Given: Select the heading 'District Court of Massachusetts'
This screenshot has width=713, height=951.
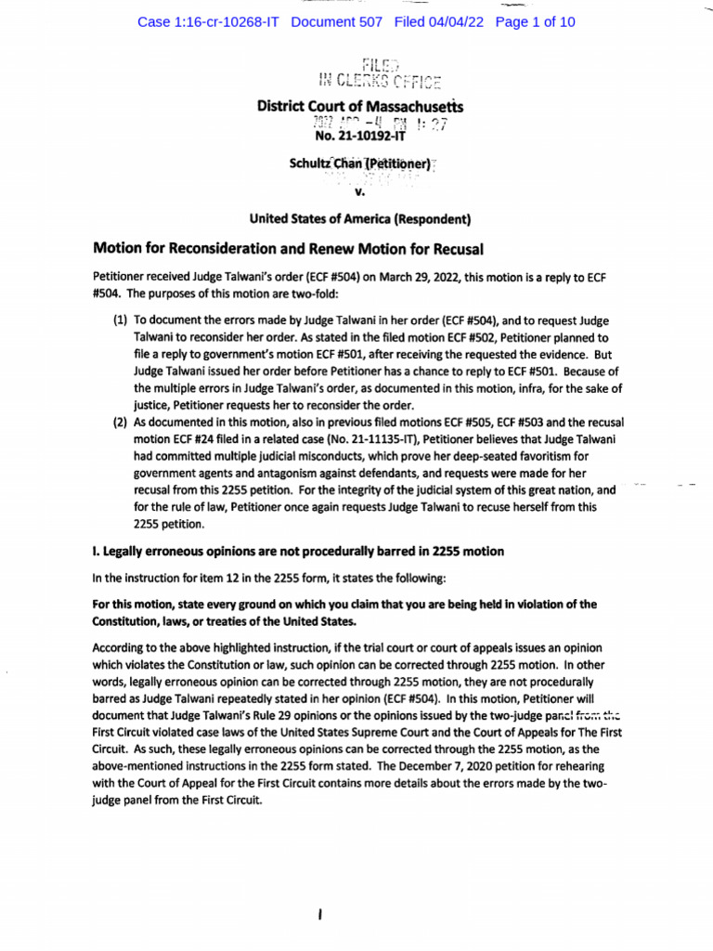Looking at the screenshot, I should pos(359,107).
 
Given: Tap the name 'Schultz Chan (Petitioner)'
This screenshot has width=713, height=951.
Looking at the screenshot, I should pos(359,164).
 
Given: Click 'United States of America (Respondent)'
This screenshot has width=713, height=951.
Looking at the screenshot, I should pos(359,220).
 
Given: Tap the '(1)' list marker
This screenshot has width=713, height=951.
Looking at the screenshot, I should pos(120,319).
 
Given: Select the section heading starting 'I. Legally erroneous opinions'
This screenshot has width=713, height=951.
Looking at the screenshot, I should pos(297,552).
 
